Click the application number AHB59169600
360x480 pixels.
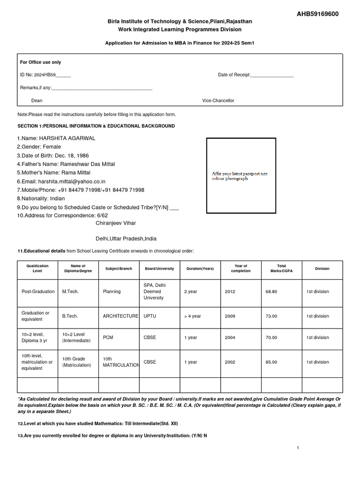point(317,14)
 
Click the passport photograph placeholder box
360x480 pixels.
point(240,176)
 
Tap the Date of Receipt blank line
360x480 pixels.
point(272,75)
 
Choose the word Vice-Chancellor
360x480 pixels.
point(218,101)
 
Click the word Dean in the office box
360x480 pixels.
point(37,101)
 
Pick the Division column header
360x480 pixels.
point(322,269)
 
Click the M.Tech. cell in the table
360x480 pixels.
point(70,292)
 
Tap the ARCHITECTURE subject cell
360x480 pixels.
point(120,316)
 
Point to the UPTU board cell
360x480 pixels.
point(150,316)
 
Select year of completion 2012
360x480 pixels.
point(230,292)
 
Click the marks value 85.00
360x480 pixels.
point(271,362)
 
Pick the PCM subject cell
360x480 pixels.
point(108,337)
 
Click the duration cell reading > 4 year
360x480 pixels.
point(192,316)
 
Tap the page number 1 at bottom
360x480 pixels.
point(298,448)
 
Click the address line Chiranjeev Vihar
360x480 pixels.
point(116,223)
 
